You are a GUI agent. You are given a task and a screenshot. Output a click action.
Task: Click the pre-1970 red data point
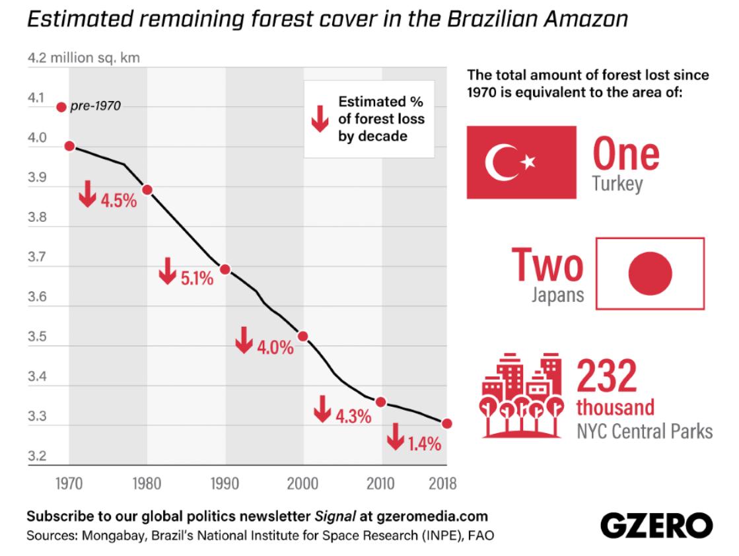[x=61, y=107]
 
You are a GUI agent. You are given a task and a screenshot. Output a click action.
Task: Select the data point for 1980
[x=147, y=190]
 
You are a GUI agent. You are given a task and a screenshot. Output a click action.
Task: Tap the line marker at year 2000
[x=303, y=336]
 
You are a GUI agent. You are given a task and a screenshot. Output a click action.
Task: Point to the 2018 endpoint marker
[x=446, y=423]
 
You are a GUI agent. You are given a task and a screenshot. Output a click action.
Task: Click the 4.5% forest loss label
[x=118, y=200]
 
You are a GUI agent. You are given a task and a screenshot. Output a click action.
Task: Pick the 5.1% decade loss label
[x=197, y=279]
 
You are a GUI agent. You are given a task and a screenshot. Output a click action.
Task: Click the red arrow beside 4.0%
[x=244, y=339]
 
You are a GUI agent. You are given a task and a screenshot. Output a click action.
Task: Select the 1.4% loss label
[x=424, y=444]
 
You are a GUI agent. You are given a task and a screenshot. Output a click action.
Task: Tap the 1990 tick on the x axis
[x=225, y=484]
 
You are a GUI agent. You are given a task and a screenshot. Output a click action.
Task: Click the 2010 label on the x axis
[x=381, y=484]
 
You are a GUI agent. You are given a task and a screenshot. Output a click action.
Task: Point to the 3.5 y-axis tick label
[x=37, y=337]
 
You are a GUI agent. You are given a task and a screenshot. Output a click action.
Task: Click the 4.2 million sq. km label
[x=84, y=58]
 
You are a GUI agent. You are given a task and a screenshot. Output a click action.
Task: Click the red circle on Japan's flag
[x=650, y=273]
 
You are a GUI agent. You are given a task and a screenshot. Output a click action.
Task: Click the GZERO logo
[x=656, y=526]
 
